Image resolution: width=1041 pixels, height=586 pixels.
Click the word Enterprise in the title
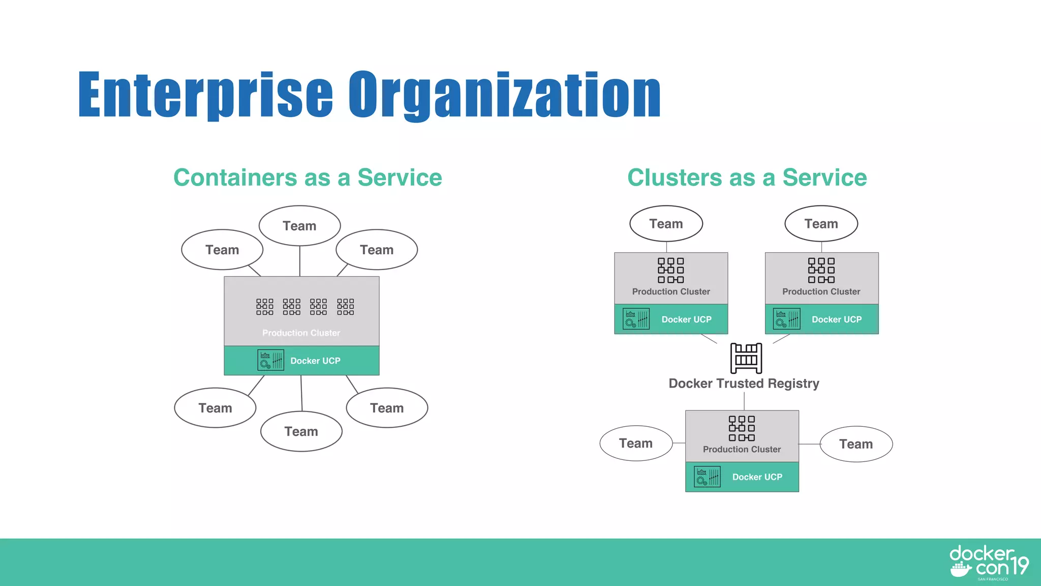[205, 95]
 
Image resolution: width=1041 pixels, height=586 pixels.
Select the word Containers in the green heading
[235, 178]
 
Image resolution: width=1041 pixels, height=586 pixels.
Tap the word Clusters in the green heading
[674, 178]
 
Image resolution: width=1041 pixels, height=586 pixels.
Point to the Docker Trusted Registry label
[744, 384]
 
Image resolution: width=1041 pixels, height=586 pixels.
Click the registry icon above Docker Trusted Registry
[746, 358]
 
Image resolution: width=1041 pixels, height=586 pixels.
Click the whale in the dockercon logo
[961, 570]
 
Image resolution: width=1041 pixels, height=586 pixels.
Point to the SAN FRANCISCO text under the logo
[993, 579]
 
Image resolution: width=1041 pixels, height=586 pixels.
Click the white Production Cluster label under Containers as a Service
[301, 333]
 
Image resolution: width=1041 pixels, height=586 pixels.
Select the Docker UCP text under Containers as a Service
[315, 361]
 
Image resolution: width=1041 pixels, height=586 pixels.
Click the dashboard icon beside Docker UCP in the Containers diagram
[270, 360]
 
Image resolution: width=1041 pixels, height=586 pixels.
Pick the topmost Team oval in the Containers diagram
[299, 225]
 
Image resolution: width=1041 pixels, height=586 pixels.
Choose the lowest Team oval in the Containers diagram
[301, 431]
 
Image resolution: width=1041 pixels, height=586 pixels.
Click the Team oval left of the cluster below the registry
[636, 444]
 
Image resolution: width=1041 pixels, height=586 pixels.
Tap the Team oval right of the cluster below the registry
[856, 444]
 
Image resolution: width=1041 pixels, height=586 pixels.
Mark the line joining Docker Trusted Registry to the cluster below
[744, 401]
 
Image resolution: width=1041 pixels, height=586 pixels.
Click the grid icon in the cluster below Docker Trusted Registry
[742, 428]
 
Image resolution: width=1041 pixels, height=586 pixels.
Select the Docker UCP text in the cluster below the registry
[757, 477]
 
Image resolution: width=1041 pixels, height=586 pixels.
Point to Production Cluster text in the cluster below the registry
[742, 450]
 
